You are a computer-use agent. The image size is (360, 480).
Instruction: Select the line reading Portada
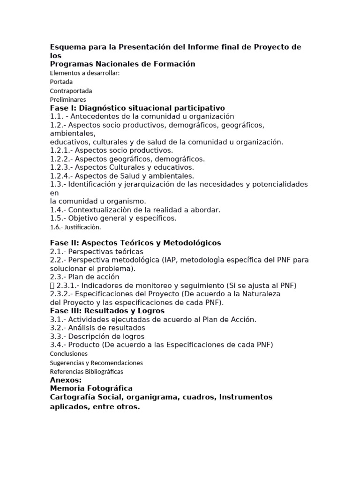(61, 82)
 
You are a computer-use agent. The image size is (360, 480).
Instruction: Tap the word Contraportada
(71, 90)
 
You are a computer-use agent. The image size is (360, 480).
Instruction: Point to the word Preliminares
(68, 99)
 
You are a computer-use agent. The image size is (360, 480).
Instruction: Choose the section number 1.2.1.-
(61, 150)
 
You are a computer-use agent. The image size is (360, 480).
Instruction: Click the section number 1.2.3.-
(61, 167)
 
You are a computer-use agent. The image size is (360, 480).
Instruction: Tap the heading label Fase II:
(65, 243)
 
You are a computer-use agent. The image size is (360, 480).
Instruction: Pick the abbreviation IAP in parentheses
(170, 260)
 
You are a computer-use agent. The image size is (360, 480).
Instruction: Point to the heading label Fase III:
(67, 311)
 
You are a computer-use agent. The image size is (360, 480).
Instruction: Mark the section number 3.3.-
(58, 337)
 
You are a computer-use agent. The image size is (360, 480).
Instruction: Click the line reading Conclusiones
(69, 354)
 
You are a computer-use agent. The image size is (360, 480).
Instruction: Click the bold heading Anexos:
(66, 380)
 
